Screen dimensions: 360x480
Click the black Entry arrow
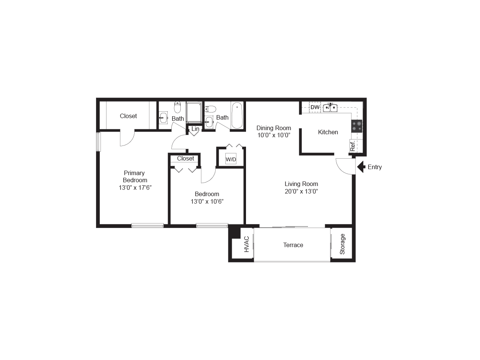click(x=361, y=167)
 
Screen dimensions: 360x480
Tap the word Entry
click(x=375, y=167)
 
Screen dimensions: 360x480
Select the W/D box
click(x=231, y=159)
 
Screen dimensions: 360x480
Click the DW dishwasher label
click(x=315, y=107)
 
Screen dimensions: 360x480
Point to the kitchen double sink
click(x=330, y=108)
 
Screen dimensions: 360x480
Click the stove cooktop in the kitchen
click(x=357, y=126)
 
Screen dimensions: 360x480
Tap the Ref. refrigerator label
click(x=352, y=145)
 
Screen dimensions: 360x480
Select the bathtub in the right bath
click(x=237, y=116)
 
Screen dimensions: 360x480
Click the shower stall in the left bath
click(x=194, y=112)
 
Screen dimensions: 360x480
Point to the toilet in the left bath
click(x=177, y=107)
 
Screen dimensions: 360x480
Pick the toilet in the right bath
click(x=211, y=109)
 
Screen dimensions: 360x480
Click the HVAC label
click(x=246, y=244)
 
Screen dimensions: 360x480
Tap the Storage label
click(x=342, y=244)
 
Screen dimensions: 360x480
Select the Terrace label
click(x=293, y=245)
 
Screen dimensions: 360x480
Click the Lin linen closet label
click(x=195, y=129)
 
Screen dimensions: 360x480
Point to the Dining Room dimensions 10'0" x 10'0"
click(x=274, y=135)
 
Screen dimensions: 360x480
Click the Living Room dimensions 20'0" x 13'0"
click(x=301, y=191)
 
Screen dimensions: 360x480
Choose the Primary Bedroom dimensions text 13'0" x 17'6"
click(x=135, y=187)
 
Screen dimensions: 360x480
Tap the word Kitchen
click(x=328, y=132)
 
